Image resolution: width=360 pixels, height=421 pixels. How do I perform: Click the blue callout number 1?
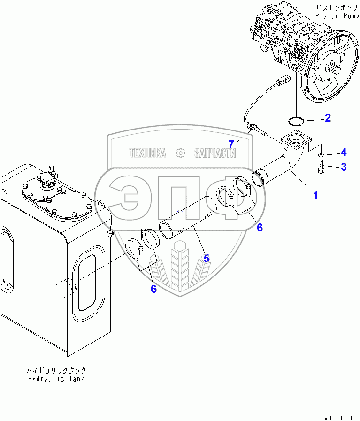315,195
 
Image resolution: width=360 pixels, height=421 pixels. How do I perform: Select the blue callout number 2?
328,118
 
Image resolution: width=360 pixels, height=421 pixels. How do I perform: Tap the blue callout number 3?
344,167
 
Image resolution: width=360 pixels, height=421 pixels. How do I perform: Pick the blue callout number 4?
344,152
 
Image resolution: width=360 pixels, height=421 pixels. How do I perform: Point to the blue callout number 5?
206,258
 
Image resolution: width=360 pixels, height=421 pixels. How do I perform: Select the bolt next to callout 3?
322,167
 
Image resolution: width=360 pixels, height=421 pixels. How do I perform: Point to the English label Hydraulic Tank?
57,379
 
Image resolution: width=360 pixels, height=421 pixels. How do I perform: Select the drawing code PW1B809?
337,416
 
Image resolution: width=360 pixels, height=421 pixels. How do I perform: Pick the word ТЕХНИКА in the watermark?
148,153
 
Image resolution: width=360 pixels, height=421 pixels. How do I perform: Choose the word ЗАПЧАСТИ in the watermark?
214,153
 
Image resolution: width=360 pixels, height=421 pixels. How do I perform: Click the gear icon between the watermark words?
180,153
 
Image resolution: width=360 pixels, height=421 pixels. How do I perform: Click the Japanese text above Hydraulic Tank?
57,370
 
